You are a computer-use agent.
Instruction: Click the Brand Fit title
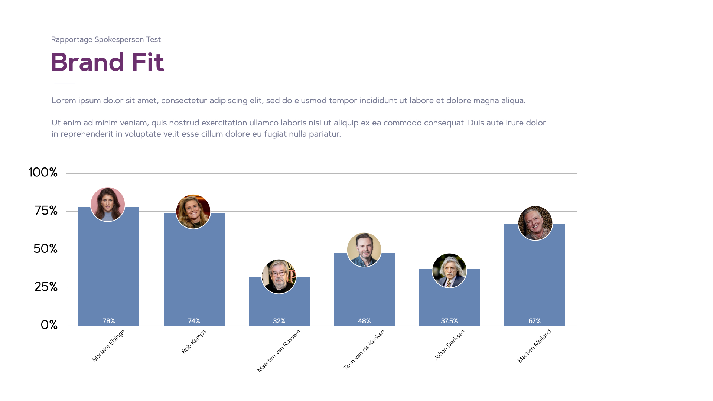pyautogui.click(x=107, y=62)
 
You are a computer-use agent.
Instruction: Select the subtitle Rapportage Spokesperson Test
pyautogui.click(x=106, y=39)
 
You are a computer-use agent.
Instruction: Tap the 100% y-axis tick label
pyautogui.click(x=43, y=172)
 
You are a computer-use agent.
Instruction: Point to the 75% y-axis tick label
pyautogui.click(x=46, y=211)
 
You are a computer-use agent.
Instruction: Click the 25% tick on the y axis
pyautogui.click(x=46, y=287)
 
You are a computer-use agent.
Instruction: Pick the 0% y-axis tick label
pyautogui.click(x=49, y=325)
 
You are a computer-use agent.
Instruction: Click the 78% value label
pyautogui.click(x=109, y=321)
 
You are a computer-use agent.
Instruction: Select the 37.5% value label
pyautogui.click(x=449, y=321)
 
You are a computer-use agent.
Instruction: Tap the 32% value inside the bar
pyautogui.click(x=279, y=321)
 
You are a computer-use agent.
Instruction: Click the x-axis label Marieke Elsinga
pyautogui.click(x=108, y=346)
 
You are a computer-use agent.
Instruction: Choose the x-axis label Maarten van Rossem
pyautogui.click(x=279, y=351)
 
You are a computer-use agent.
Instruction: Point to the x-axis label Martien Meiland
pyautogui.click(x=534, y=346)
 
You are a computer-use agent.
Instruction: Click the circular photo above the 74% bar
pyautogui.click(x=193, y=212)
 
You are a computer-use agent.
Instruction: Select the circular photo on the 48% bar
pyautogui.click(x=364, y=250)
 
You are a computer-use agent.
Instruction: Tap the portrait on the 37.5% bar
pyautogui.click(x=449, y=271)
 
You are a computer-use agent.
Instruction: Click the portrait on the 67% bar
pyautogui.click(x=535, y=223)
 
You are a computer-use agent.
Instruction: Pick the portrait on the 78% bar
pyautogui.click(x=108, y=204)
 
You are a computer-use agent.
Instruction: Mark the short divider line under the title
pyautogui.click(x=65, y=83)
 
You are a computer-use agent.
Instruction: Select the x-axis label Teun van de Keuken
pyautogui.click(x=364, y=350)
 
